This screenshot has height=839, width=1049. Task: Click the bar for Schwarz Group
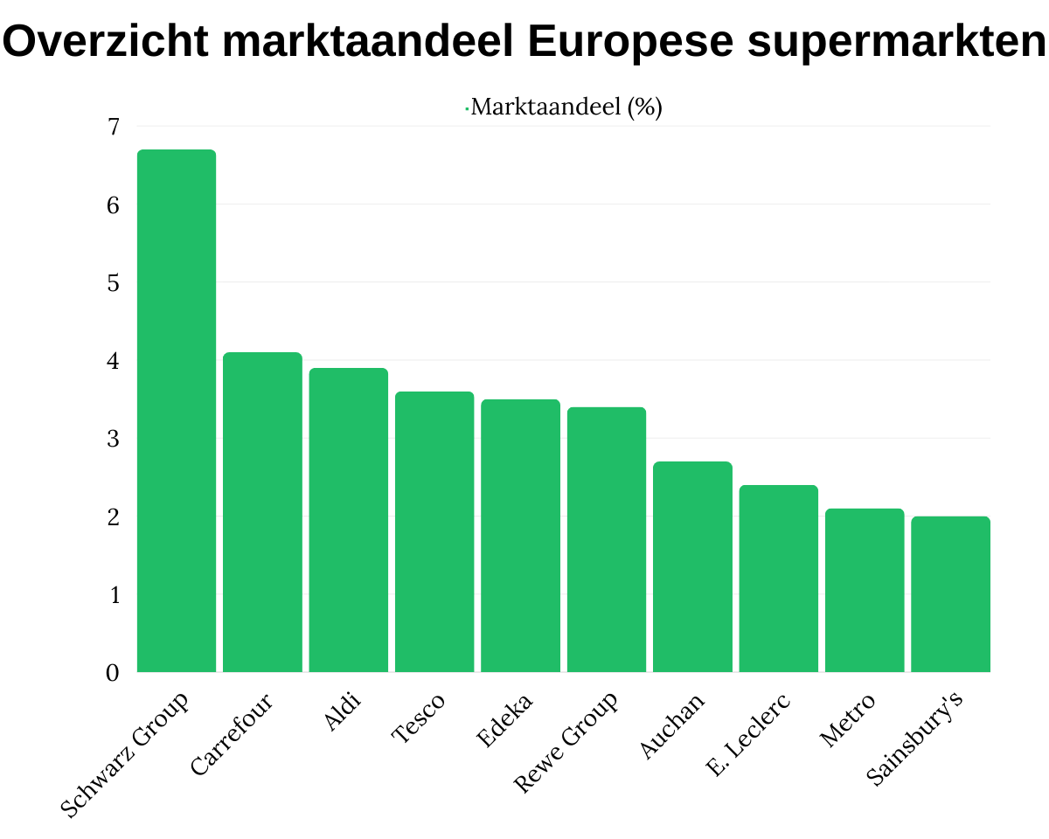tap(177, 411)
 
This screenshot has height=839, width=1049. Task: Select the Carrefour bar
tap(262, 512)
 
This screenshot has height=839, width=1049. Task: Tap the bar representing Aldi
tap(349, 520)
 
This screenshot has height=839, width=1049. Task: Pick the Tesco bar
tap(434, 531)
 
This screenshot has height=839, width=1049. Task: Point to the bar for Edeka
tap(520, 536)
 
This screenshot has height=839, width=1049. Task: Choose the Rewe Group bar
tap(607, 539)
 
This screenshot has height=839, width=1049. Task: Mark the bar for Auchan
tap(692, 566)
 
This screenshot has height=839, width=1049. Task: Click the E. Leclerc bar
tap(778, 579)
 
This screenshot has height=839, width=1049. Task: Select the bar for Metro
tap(865, 590)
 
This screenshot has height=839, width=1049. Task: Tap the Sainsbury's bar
tap(950, 594)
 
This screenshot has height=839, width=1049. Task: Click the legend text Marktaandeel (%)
tap(566, 107)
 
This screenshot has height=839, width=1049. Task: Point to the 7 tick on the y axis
tap(114, 127)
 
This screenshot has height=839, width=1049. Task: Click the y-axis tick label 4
tap(114, 360)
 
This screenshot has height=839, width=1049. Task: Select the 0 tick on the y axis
tap(114, 673)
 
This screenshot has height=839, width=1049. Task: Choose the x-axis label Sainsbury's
tap(915, 738)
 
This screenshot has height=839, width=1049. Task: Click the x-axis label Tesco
tap(419, 718)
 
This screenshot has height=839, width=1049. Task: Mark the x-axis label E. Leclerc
tap(748, 734)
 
